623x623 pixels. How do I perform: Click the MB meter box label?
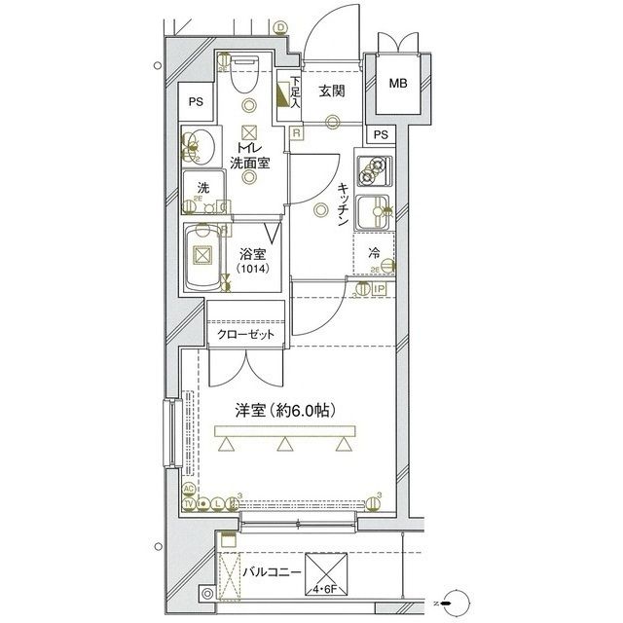click(398, 84)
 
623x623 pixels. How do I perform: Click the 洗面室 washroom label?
click(249, 163)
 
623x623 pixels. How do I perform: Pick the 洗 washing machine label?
click(202, 187)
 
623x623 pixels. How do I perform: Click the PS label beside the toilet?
click(197, 101)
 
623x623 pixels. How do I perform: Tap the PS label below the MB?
click(381, 134)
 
